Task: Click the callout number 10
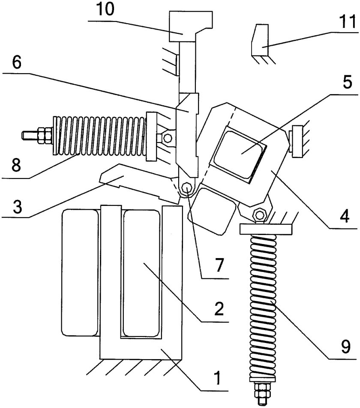tap(105, 9)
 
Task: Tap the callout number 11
tap(348, 21)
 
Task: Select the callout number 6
tap(17, 62)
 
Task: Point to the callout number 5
tap(347, 82)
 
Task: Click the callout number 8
tap(16, 164)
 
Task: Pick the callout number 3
tap(18, 206)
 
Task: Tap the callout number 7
tap(219, 265)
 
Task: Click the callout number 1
tap(218, 378)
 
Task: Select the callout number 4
tap(345, 216)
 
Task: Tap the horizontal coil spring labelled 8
tap(99, 135)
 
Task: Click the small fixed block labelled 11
tap(260, 40)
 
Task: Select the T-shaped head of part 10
tap(191, 26)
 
